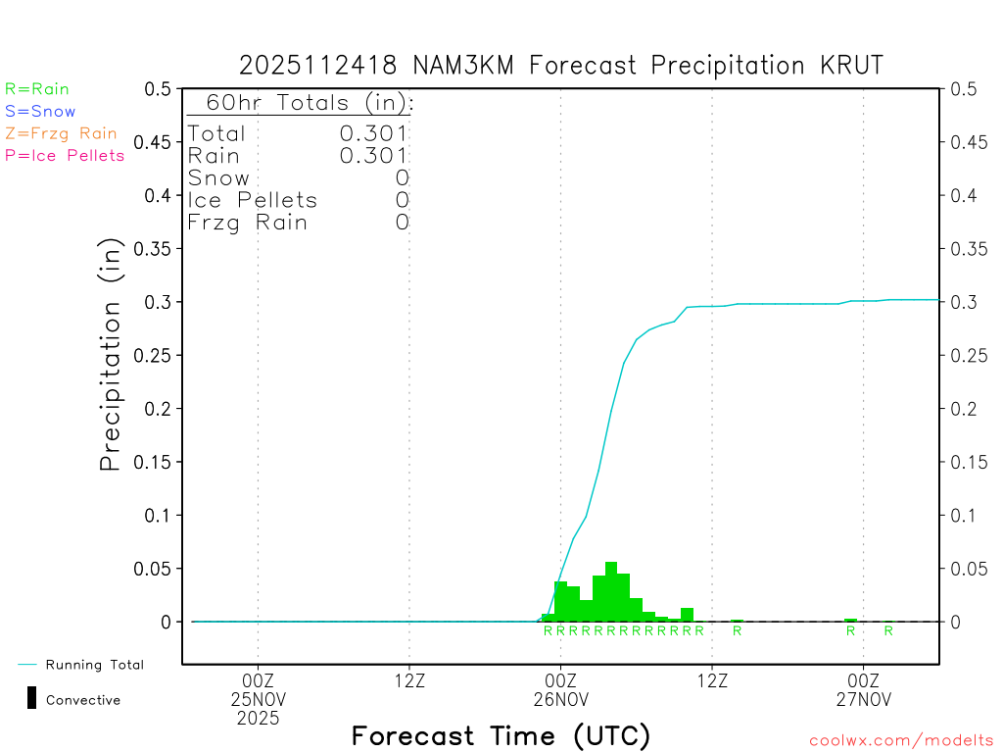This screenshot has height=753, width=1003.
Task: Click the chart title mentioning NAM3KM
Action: (561, 66)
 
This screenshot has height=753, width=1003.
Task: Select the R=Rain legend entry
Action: (37, 89)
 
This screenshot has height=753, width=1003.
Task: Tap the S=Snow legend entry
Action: (40, 112)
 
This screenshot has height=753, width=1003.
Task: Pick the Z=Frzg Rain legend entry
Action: (61, 133)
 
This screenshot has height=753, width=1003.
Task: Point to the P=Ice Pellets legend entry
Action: (65, 155)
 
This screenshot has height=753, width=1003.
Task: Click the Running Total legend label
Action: (94, 665)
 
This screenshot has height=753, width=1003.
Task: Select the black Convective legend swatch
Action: (31, 698)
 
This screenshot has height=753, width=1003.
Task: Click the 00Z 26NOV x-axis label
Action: (561, 689)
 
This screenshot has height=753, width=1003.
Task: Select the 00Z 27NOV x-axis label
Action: (863, 689)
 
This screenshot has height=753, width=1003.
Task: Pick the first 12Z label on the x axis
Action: (409, 679)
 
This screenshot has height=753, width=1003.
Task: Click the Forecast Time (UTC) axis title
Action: (501, 735)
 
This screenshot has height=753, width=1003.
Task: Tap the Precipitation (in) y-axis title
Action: (111, 355)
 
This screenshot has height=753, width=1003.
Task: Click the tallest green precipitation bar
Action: (611, 591)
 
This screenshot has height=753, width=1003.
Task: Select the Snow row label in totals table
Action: (218, 178)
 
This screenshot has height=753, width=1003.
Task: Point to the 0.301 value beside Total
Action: (373, 133)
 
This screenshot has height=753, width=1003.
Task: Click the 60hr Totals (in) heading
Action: (301, 103)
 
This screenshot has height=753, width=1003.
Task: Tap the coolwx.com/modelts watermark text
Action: (901, 740)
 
